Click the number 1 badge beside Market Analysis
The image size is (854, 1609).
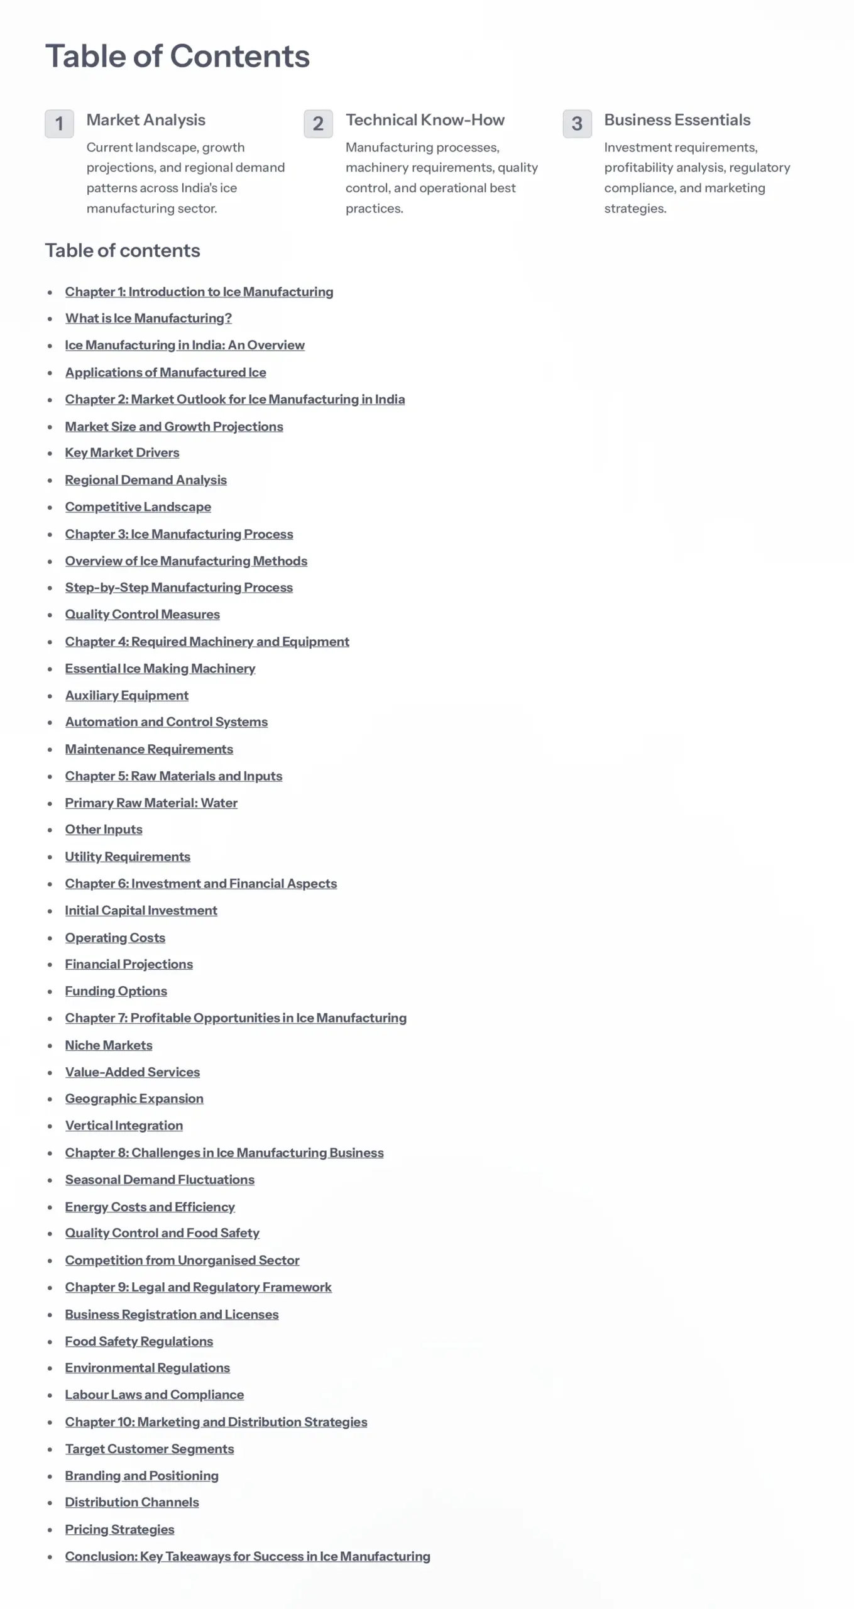59,123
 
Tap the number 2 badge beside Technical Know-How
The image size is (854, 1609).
318,123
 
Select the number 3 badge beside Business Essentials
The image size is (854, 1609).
577,123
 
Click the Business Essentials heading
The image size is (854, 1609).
677,120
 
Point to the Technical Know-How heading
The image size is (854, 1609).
425,120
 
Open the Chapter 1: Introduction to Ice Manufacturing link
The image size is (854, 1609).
199,292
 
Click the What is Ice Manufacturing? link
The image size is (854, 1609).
148,318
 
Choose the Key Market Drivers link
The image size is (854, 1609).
122,453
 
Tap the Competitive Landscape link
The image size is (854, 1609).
138,507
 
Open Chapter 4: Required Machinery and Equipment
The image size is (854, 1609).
207,642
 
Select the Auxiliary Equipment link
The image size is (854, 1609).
126,695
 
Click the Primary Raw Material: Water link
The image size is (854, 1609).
151,803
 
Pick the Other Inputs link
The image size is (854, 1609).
104,830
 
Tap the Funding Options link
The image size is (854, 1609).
116,991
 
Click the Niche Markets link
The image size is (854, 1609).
109,1045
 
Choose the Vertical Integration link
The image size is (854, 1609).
124,1126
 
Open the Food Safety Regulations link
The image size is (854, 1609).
139,1341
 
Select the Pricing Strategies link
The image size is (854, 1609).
119,1529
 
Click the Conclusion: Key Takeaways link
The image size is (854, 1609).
248,1556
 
